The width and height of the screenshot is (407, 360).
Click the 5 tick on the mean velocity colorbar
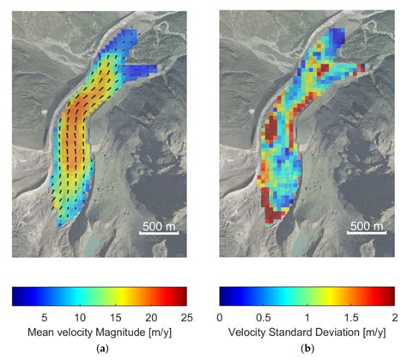pos(43,316)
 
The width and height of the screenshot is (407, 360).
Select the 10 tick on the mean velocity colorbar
pos(79,316)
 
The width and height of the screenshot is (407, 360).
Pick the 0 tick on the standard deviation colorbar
pos(221,316)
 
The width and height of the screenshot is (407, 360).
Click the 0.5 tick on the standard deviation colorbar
pos(264,316)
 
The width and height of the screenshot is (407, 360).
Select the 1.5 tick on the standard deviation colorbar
pos(351,316)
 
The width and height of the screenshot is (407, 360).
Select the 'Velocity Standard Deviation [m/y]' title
pos(307,332)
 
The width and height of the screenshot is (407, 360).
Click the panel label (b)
pos(307,349)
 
